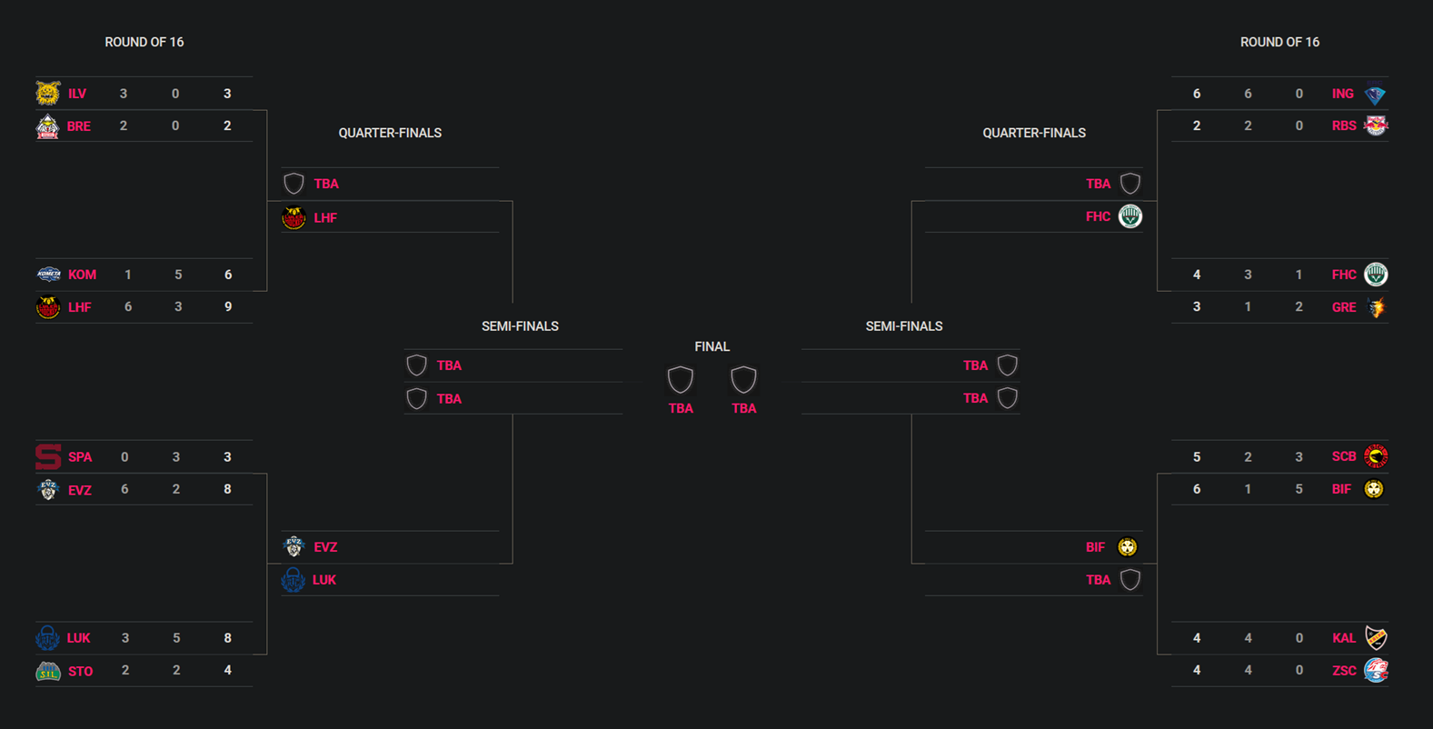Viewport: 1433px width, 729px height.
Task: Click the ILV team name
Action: tap(77, 94)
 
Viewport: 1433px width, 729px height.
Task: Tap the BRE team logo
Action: tap(47, 126)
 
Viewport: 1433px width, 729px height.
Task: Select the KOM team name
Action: tap(82, 275)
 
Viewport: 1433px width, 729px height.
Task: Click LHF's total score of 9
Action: tap(228, 307)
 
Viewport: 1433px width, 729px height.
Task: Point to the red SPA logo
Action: tap(47, 456)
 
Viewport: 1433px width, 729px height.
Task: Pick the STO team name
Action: tap(80, 671)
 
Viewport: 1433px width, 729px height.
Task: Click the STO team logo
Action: tap(47, 671)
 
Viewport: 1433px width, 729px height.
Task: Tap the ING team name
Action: tap(1342, 94)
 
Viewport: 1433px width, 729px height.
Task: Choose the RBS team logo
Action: tap(1376, 126)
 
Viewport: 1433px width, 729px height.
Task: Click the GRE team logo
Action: tap(1376, 307)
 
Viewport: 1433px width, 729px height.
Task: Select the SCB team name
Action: tap(1343, 456)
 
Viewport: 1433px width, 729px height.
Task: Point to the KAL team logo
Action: tap(1376, 638)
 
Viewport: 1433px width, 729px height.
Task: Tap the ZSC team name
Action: tap(1343, 671)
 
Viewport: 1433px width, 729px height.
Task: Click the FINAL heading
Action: tap(712, 346)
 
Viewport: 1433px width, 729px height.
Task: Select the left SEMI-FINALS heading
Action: tap(520, 326)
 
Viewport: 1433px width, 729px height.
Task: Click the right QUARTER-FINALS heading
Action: tap(1033, 133)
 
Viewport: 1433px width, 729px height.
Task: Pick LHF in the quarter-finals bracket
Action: tap(325, 218)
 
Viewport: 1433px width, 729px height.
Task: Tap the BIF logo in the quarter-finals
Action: tap(1127, 547)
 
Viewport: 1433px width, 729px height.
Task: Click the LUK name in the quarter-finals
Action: tap(324, 580)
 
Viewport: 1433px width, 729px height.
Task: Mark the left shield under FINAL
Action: tap(681, 379)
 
